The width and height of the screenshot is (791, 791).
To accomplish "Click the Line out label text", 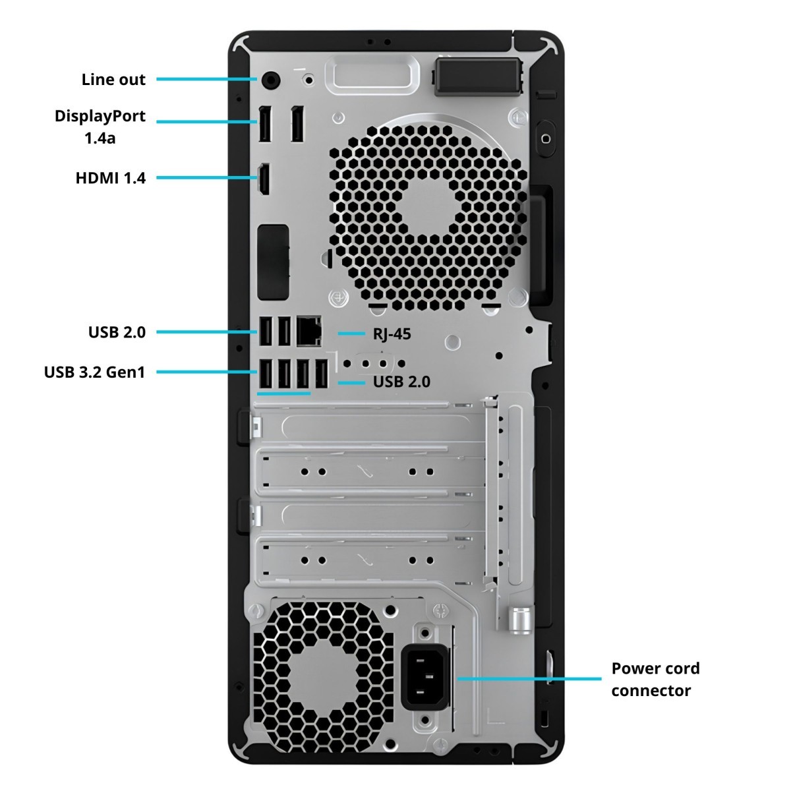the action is [113, 80].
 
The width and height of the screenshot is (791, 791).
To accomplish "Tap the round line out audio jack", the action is [270, 80].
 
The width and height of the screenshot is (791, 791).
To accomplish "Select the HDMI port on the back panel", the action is [264, 179].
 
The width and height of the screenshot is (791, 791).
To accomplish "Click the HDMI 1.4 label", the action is [111, 178].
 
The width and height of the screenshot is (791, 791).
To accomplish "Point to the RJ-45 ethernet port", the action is [308, 331].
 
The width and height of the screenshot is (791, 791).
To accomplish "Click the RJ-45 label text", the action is [392, 334].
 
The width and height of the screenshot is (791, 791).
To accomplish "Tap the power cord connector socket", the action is [425, 680].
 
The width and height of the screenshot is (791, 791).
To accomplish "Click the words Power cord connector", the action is [655, 680].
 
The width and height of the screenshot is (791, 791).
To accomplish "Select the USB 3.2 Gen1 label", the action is [94, 372].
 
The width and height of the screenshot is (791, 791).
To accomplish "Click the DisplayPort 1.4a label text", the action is [100, 127].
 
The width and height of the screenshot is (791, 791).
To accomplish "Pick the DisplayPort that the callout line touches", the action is [265, 124].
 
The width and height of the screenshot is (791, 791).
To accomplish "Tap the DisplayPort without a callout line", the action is [297, 124].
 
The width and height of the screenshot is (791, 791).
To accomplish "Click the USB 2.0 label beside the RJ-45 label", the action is [401, 382].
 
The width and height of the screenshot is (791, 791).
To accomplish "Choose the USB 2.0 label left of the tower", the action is [117, 332].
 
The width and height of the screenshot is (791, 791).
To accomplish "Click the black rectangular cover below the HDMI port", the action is [273, 262].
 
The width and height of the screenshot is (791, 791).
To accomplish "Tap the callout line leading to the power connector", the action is [529, 679].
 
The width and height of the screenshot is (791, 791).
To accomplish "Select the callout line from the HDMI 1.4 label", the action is [207, 178].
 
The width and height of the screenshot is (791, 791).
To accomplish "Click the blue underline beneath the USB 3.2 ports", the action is [283, 394].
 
